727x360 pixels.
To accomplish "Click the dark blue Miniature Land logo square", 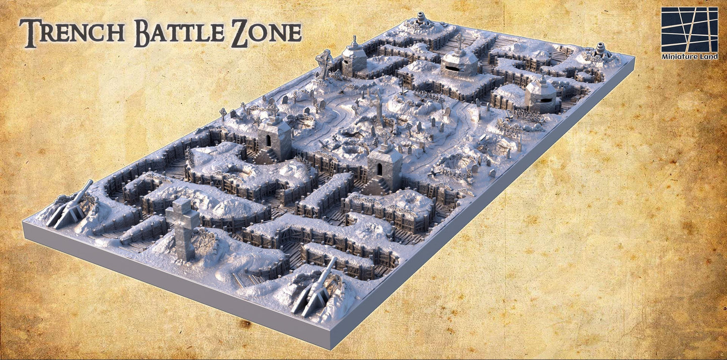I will (689, 30).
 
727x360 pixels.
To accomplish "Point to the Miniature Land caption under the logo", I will (689, 57).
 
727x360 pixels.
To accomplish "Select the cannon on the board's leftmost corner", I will (70, 206).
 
